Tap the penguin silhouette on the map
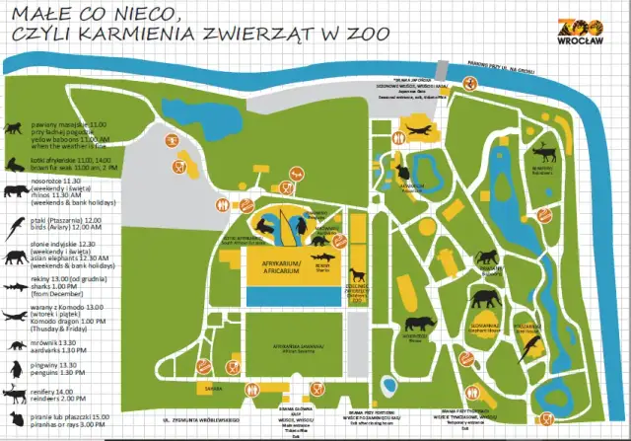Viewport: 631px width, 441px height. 300,229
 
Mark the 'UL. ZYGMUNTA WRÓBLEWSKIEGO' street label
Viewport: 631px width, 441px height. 201,420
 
